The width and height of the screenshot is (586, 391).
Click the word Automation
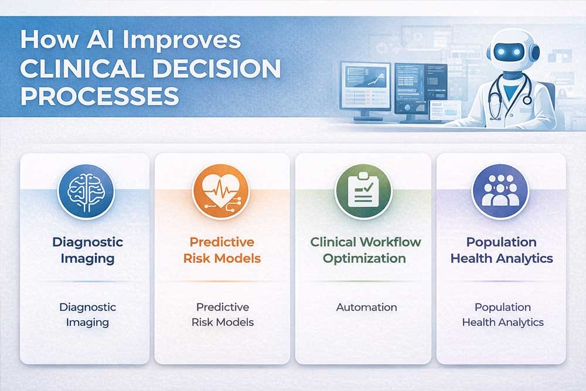[x=366, y=307]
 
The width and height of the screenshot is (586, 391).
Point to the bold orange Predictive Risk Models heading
[x=222, y=250]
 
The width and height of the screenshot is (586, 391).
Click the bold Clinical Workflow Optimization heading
[x=366, y=250]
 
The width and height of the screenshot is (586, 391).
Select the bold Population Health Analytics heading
[x=501, y=250]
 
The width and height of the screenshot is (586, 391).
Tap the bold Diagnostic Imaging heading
[x=87, y=250]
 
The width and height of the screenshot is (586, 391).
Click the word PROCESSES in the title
[x=100, y=96]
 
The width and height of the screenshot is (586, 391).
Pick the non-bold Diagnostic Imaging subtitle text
[x=87, y=315]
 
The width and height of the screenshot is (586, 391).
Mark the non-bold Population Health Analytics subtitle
[x=502, y=315]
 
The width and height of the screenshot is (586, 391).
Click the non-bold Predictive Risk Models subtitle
[x=222, y=315]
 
